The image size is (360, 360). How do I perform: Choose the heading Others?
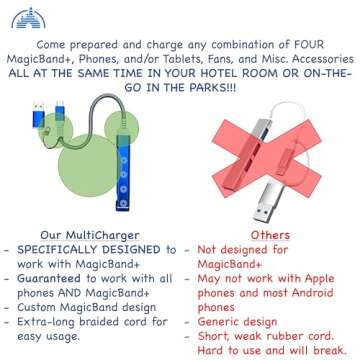(x=263, y=234)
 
